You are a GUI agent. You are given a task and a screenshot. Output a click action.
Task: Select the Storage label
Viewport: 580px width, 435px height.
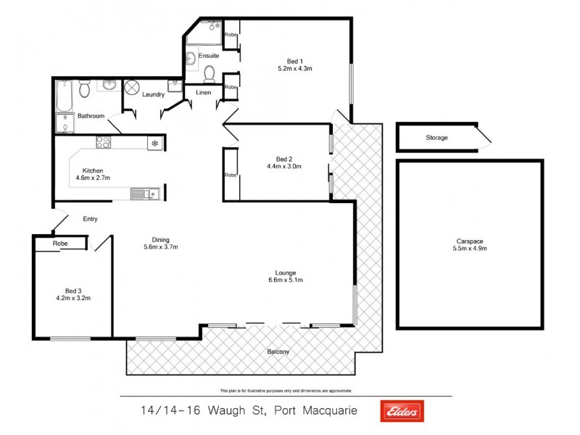[x=436, y=138]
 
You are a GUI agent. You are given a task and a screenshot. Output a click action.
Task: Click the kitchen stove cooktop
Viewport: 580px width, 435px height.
[x=102, y=143]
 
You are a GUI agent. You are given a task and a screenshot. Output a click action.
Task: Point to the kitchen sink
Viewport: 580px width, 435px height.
[x=141, y=194]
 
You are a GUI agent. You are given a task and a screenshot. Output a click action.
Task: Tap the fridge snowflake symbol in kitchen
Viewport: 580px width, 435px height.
[x=154, y=144]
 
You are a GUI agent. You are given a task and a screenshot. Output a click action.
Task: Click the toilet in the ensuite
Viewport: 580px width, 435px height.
[x=210, y=73]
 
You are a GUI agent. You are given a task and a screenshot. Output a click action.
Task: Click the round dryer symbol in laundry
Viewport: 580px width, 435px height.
[x=132, y=88]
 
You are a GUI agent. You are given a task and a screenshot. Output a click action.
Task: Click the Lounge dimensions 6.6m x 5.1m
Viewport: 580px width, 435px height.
[x=285, y=280]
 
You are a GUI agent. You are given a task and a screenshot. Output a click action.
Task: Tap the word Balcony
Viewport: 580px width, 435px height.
[x=278, y=352]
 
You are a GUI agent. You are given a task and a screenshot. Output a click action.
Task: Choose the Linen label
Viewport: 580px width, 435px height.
[x=204, y=91]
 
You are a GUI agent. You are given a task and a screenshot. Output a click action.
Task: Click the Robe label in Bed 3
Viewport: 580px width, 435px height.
[x=60, y=244]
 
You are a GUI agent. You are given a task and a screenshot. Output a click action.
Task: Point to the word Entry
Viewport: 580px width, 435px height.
[x=91, y=219]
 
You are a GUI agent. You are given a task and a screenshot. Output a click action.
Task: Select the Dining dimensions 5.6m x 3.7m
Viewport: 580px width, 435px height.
[x=160, y=246]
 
